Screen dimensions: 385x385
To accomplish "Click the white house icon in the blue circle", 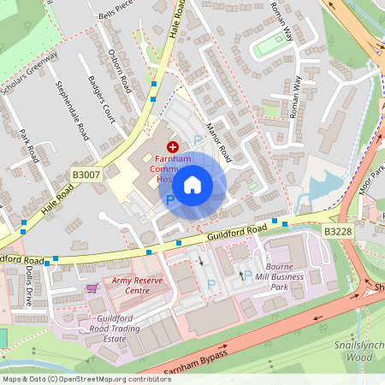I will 192,184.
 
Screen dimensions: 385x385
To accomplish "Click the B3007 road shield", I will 85,175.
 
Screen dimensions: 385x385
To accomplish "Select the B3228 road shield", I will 336,232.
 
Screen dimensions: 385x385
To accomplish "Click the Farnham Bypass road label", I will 194,357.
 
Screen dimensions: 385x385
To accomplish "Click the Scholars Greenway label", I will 30,73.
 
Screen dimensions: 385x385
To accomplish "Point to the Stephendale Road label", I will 72,110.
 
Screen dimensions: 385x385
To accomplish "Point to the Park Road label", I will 30,145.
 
